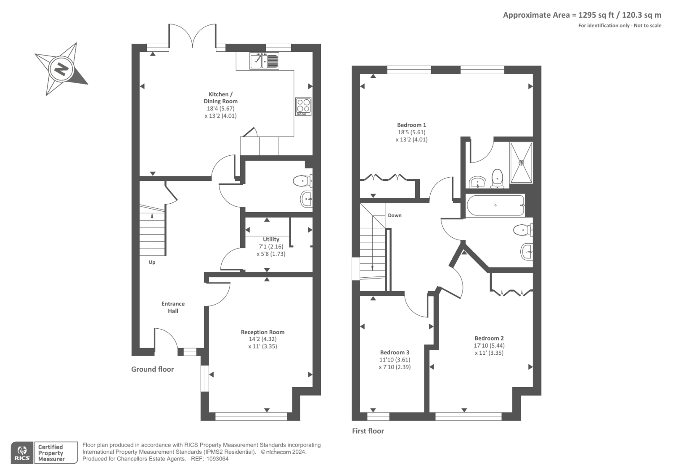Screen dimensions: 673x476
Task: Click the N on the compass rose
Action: coord(61,69)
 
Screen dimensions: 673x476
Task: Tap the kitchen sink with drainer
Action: coord(264,61)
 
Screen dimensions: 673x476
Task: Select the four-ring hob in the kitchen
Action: coord(303,106)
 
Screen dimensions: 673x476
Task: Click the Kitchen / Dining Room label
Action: coord(220,98)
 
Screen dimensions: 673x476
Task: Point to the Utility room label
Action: coord(271,239)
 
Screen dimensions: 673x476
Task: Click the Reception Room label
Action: coord(262,332)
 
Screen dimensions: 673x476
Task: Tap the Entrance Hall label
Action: coord(173,307)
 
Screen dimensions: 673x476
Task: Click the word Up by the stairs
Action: coord(152,262)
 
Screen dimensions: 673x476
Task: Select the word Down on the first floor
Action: coord(395,215)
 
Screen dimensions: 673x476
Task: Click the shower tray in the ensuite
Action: coord(521,163)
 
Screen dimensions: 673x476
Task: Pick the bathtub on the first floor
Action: coord(495,205)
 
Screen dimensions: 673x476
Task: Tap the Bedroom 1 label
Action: coord(412,125)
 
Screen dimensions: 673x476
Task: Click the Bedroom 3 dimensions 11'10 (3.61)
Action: coord(395,360)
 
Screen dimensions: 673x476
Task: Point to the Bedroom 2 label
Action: coord(489,338)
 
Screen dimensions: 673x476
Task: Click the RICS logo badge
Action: coord(22,453)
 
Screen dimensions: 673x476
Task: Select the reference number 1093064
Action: coord(217,459)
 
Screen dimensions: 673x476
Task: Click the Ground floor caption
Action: coord(152,369)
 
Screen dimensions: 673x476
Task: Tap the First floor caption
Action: coord(368,431)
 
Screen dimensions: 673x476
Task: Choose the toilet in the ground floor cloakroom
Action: coord(302,181)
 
